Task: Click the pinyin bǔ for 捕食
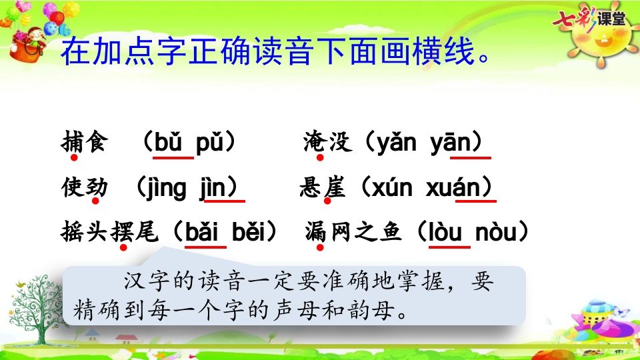[173, 143]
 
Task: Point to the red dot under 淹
[320, 158]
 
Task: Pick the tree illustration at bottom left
[30, 307]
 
